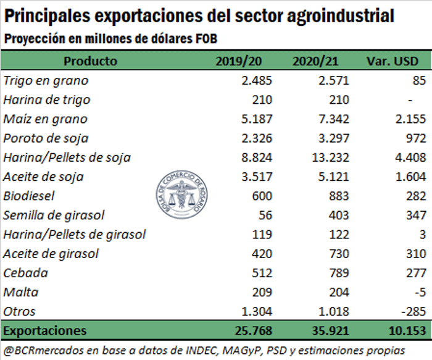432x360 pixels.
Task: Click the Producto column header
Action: click(90, 61)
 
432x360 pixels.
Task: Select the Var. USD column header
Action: click(393, 61)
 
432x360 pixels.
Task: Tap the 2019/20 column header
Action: click(238, 61)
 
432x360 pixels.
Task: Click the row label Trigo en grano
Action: click(46, 80)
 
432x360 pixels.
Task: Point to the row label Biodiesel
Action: click(29, 196)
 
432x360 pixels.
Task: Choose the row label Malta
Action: click(20, 292)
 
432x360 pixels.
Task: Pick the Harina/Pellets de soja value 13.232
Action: click(330, 157)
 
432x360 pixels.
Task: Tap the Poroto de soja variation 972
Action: click(415, 138)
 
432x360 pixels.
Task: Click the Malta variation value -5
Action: click(419, 292)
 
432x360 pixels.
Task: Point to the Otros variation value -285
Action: click(412, 311)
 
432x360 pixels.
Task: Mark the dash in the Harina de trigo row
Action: click(420, 99)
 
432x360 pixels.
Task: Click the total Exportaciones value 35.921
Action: click(329, 330)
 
